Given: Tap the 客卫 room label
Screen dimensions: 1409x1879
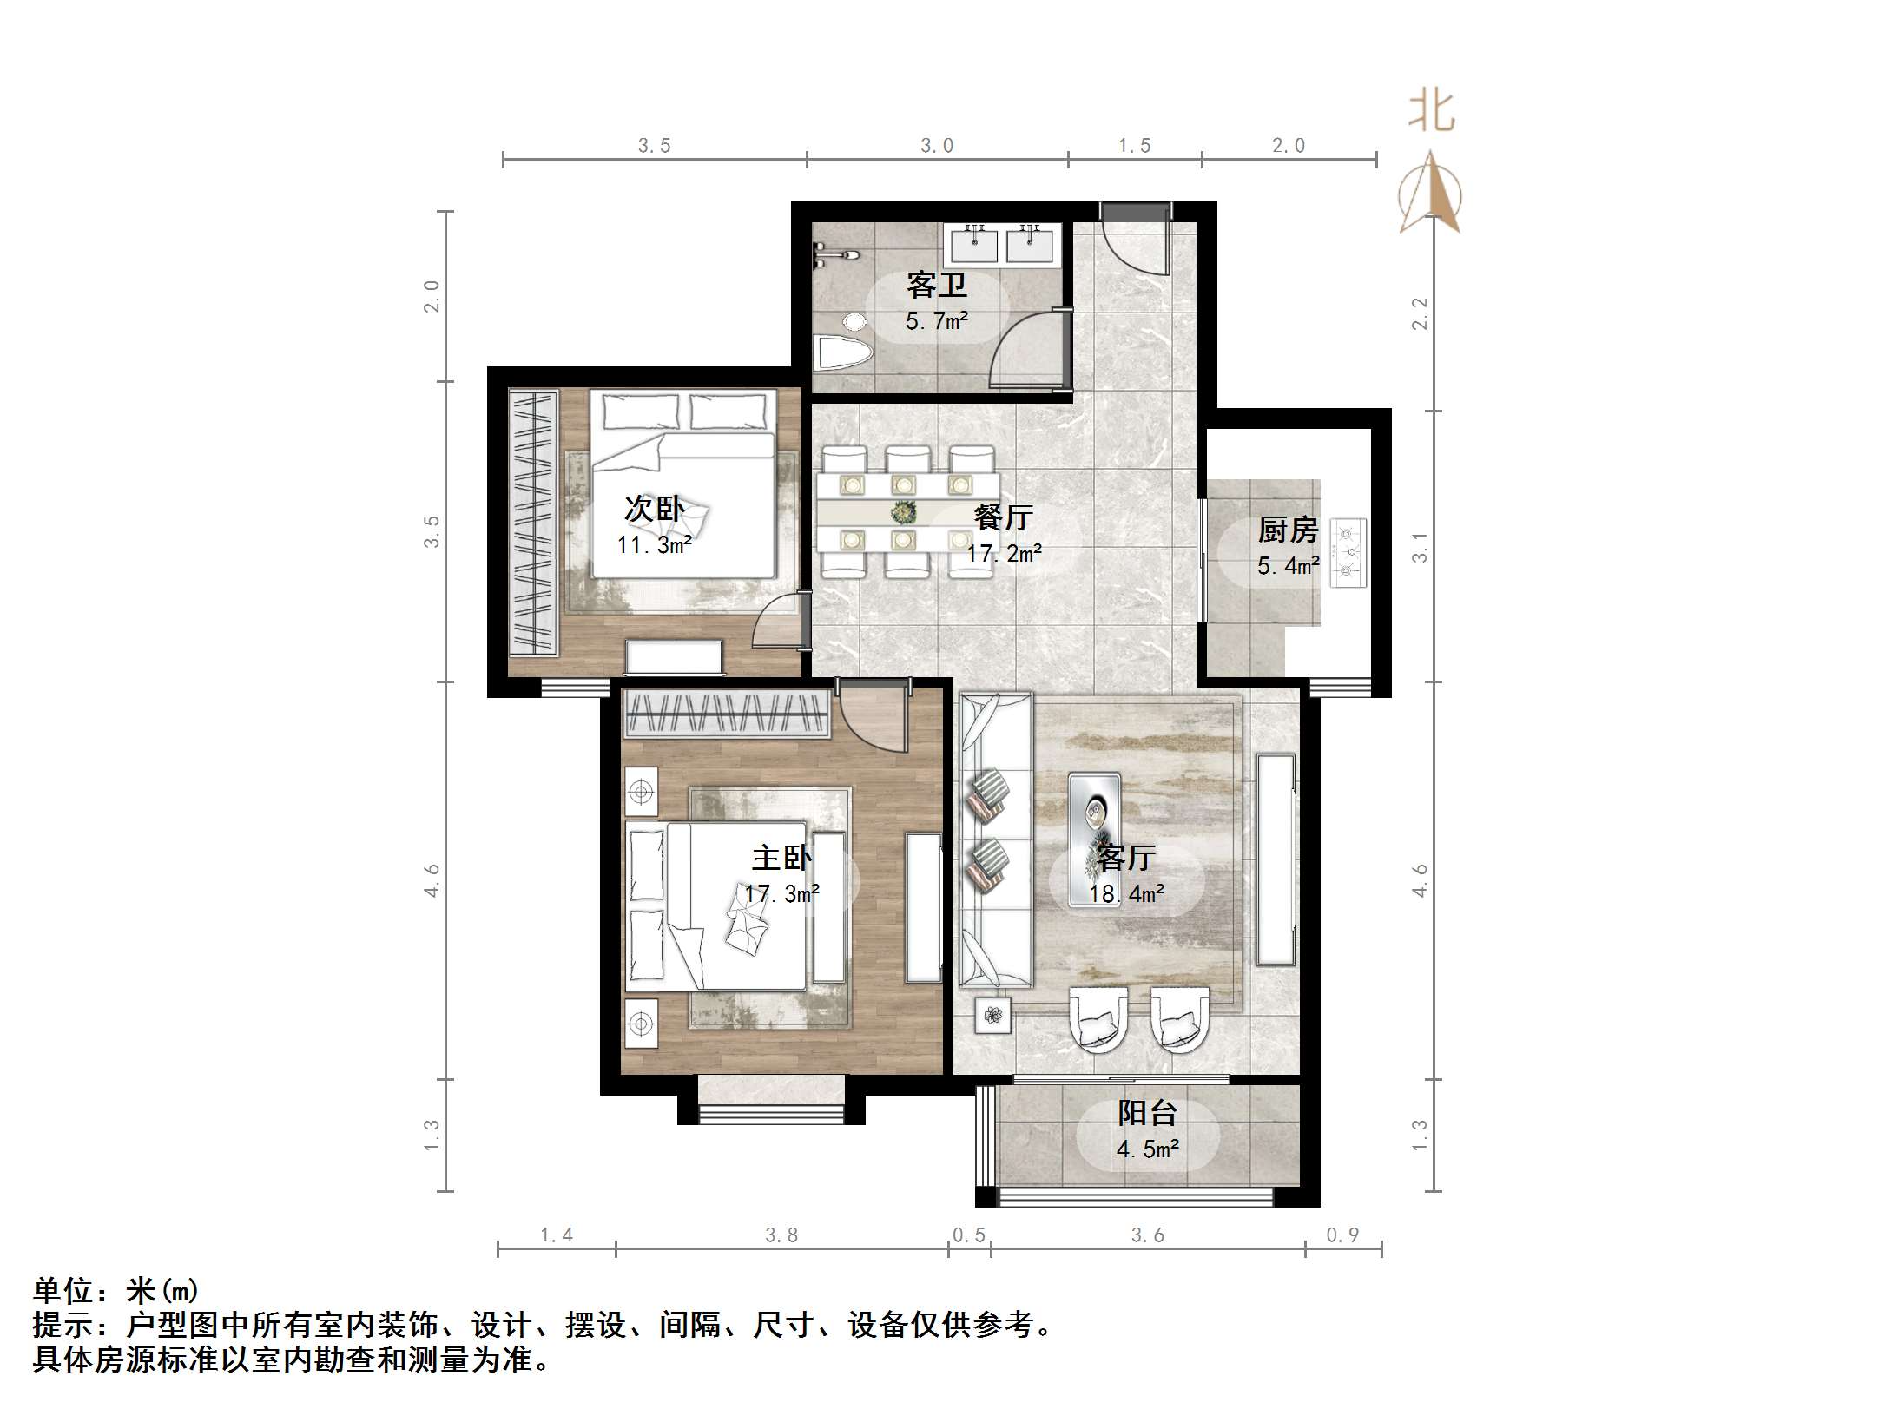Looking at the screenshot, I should coord(936,285).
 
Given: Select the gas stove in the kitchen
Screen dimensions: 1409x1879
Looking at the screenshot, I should coord(1348,553).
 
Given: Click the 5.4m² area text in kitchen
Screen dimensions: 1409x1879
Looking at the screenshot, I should coord(1288,566).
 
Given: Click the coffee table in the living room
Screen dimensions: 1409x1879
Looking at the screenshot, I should coord(1094,838).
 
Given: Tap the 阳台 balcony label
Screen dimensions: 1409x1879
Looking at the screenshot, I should coord(1147,1113).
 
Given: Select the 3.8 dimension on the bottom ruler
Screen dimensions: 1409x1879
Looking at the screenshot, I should coord(781,1235).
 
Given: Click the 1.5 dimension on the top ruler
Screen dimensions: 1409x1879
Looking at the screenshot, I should coord(1134,146).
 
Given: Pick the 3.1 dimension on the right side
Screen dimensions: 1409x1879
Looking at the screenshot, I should coord(1419,547).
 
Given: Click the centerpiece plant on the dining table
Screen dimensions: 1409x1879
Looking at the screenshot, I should coord(904,513).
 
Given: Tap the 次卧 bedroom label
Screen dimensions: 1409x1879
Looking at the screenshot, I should coord(654,510).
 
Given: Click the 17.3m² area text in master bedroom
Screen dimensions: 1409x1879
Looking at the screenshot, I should coord(781,893).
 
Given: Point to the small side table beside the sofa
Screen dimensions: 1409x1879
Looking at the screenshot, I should coord(992,1014).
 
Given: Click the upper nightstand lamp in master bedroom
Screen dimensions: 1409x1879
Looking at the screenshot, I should coord(642,792).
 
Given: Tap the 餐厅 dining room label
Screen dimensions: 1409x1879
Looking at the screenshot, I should coord(1003,517).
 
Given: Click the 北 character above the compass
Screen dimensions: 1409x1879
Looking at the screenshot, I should coord(1430,112).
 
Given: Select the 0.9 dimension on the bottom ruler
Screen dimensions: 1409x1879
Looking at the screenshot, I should coord(1342,1235).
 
